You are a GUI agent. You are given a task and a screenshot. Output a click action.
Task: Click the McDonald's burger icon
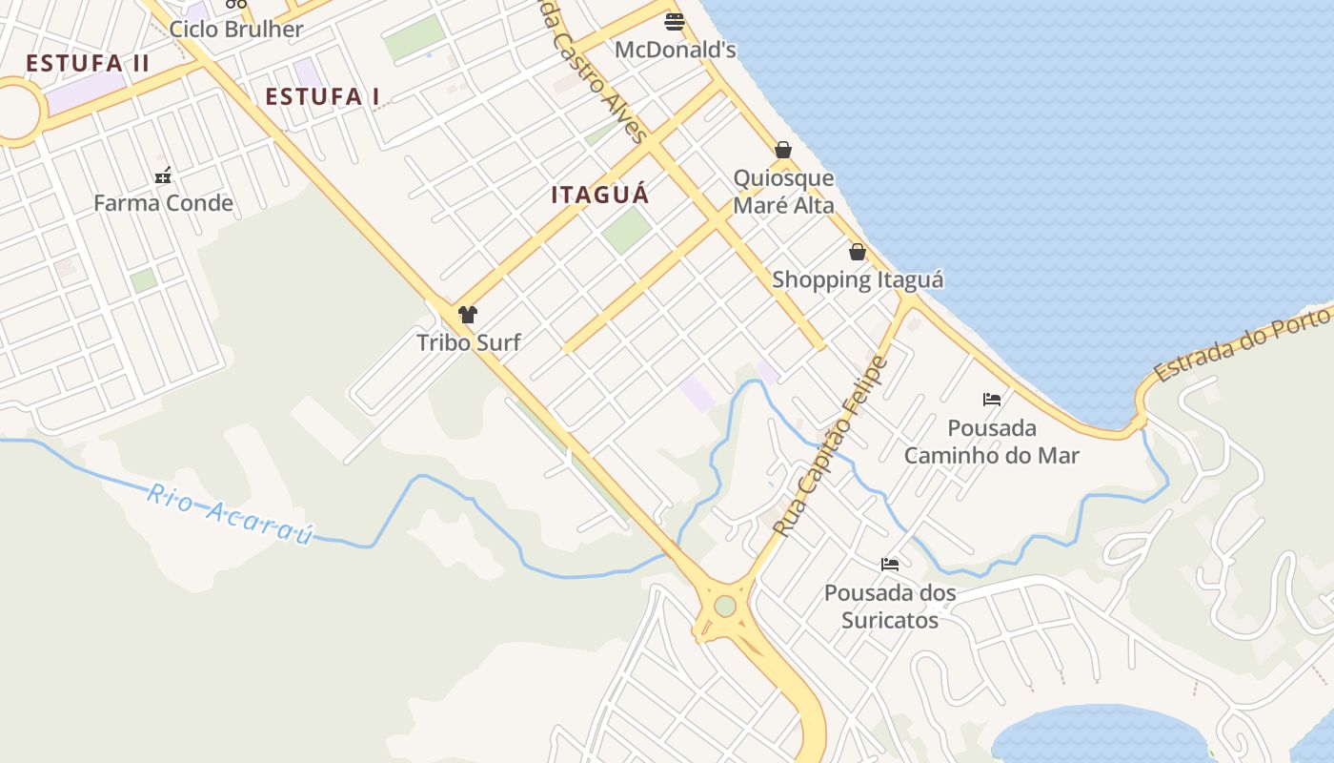(675, 21)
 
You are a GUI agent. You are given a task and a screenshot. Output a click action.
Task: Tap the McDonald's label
(675, 50)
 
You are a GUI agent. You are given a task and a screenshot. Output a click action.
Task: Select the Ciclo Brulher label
(236, 29)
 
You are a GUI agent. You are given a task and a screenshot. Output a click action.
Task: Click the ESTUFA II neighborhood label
(88, 64)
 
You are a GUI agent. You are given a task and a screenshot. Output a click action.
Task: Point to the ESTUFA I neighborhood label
(322, 96)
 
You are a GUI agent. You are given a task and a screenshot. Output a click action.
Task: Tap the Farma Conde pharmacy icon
(164, 175)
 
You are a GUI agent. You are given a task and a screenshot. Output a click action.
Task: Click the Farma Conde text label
(164, 202)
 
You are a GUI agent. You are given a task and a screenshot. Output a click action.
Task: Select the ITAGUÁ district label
(600, 195)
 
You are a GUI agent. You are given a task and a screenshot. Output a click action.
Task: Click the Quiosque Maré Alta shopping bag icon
(783, 150)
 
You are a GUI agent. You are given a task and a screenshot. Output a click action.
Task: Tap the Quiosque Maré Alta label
(783, 192)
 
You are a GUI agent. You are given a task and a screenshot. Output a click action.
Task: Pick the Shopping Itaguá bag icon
(858, 252)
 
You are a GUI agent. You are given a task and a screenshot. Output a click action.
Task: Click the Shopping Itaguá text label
(858, 279)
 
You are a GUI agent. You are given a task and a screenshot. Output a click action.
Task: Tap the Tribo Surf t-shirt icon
(468, 315)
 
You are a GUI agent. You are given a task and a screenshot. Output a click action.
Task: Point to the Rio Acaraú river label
(231, 514)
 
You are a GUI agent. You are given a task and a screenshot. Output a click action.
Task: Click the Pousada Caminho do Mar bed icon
(992, 400)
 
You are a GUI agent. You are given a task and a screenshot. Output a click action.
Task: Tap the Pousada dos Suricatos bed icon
(890, 565)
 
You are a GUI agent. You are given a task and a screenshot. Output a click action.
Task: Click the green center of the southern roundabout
(725, 606)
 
